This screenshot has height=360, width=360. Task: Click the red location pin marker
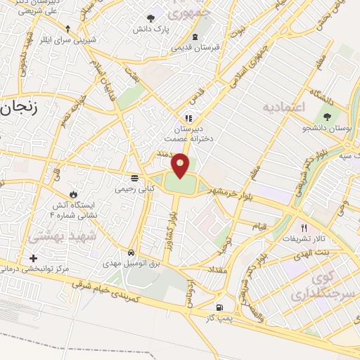click(x=181, y=165)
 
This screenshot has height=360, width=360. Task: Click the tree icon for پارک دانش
click(x=150, y=18)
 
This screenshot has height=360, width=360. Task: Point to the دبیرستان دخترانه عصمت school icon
click(x=188, y=117)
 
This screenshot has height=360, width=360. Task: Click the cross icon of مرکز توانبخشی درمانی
click(x=33, y=258)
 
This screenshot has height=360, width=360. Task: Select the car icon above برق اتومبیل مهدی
click(x=131, y=252)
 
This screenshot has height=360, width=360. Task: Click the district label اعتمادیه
click(x=286, y=107)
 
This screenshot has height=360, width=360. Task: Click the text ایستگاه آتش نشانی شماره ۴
click(x=72, y=210)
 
